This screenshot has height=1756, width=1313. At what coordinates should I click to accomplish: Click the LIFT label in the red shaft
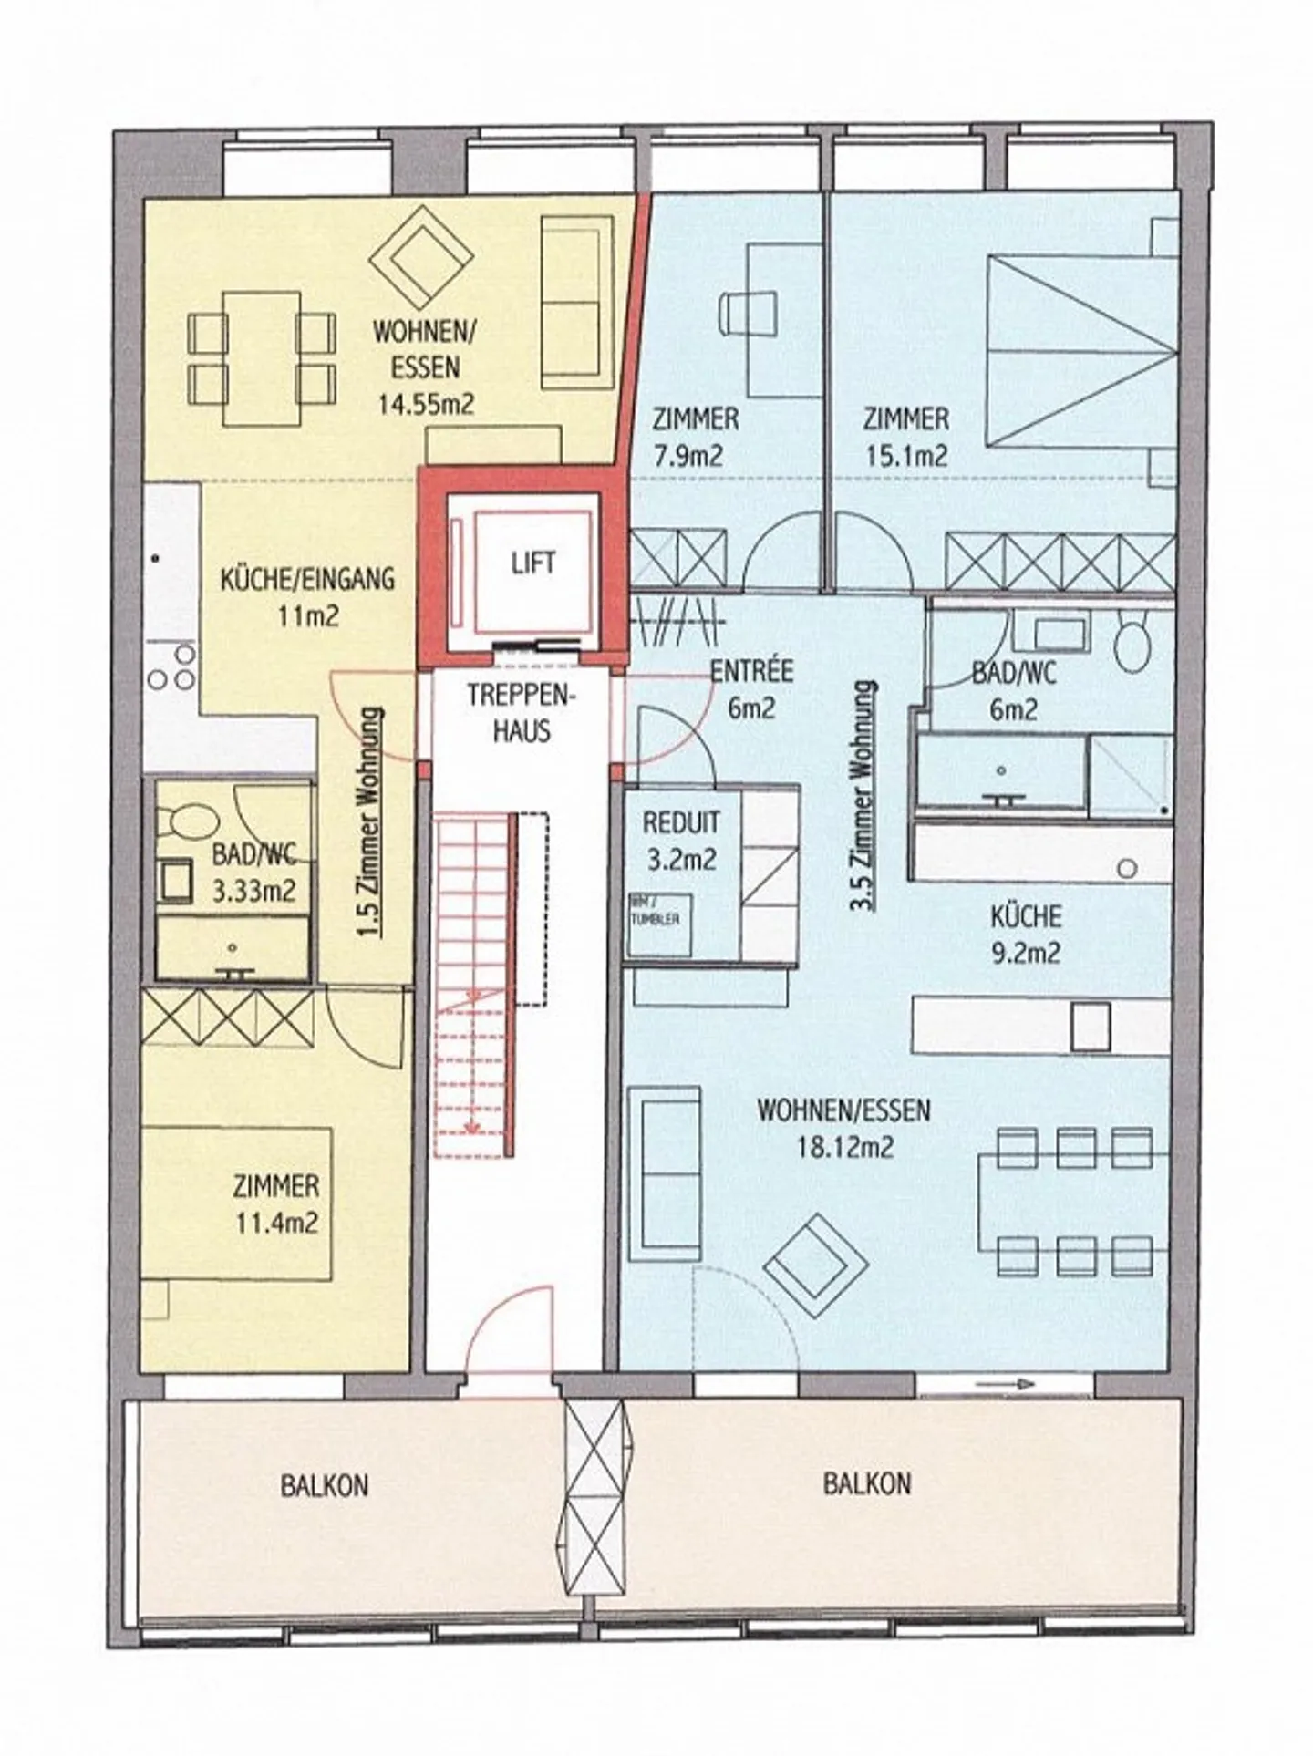click(532, 563)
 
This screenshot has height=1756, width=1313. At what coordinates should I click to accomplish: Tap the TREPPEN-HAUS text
click(521, 712)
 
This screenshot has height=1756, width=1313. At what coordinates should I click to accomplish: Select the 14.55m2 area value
click(426, 404)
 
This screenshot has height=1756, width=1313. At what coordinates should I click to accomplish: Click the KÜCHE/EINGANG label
click(307, 579)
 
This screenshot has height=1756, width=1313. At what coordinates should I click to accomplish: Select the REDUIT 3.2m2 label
click(681, 840)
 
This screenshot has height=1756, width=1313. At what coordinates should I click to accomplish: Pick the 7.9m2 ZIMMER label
click(695, 437)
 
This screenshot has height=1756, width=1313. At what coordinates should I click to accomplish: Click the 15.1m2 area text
click(906, 455)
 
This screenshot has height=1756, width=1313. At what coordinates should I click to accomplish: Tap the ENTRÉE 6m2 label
click(751, 689)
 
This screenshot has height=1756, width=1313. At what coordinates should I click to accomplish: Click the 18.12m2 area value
click(844, 1147)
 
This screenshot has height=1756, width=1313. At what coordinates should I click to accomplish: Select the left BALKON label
click(324, 1485)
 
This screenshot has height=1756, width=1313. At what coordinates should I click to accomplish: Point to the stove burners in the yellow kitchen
click(171, 669)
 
